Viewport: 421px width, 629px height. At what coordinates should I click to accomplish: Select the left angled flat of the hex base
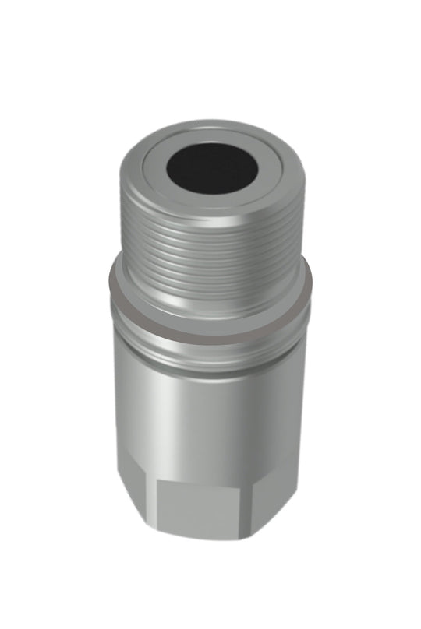click(137, 483)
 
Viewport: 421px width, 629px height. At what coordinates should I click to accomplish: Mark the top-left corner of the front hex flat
click(157, 481)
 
